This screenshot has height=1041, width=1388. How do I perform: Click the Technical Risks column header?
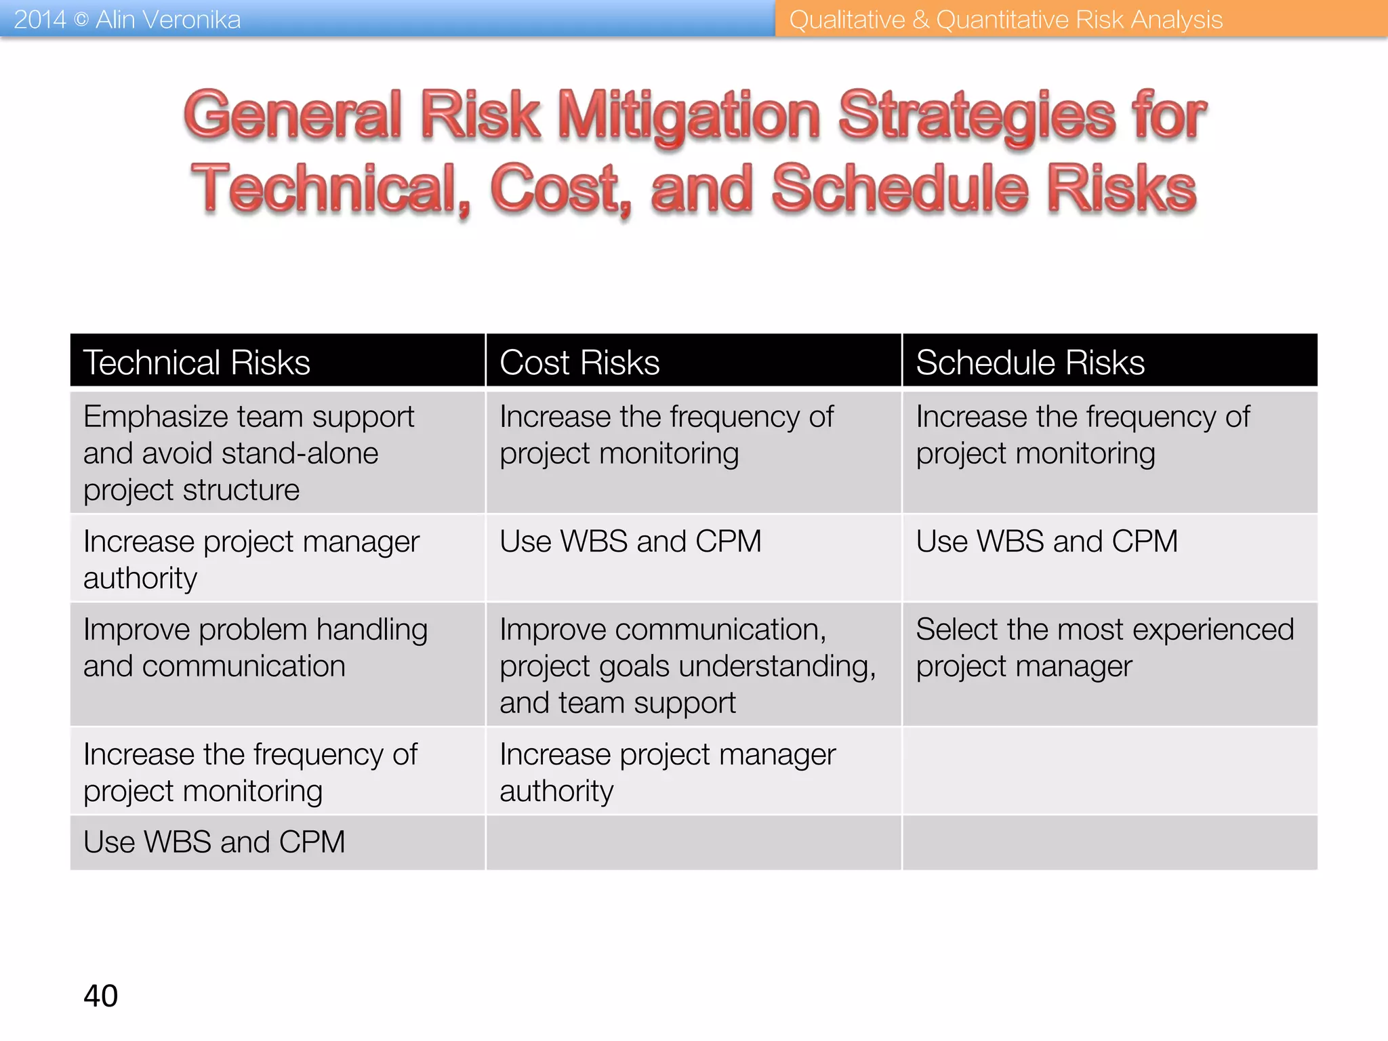click(197, 362)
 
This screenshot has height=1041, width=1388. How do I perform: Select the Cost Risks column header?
click(579, 362)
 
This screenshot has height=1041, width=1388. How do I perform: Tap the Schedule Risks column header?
click(1030, 362)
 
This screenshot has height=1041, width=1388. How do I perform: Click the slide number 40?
click(100, 996)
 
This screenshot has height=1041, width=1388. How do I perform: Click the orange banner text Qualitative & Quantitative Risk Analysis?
click(1006, 19)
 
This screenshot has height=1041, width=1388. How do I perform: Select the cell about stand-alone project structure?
click(248, 453)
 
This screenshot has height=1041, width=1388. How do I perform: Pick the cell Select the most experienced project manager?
click(1105, 648)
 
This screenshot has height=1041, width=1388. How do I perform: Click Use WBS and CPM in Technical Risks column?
click(214, 842)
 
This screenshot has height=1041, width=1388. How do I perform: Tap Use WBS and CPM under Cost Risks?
click(630, 542)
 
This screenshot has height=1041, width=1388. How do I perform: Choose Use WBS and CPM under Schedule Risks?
click(1047, 542)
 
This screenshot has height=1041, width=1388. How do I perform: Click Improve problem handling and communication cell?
click(255, 648)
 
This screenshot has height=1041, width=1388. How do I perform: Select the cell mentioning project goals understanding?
click(687, 666)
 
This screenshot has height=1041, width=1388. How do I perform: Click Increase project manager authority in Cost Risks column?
click(668, 772)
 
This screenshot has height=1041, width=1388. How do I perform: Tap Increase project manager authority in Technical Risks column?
click(251, 559)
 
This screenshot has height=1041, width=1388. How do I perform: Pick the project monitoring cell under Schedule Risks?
click(1082, 434)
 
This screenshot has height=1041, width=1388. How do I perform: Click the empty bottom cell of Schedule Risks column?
click(1110, 842)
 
